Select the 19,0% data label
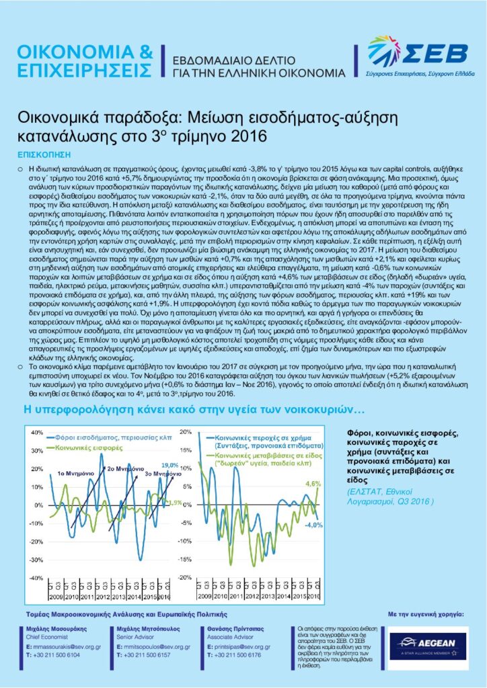point(169,464)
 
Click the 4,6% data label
point(313,483)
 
